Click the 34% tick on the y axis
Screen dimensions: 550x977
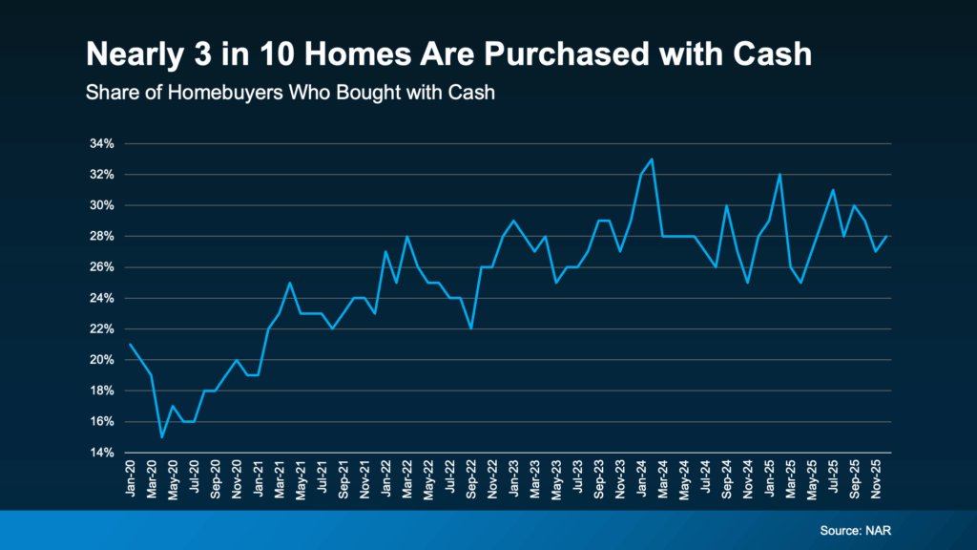pyautogui.click(x=102, y=144)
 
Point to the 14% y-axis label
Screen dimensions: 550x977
pyautogui.click(x=102, y=453)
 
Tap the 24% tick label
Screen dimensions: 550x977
pyautogui.click(x=102, y=298)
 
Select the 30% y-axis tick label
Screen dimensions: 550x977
pyautogui.click(x=102, y=205)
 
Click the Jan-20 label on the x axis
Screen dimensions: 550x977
pyautogui.click(x=131, y=475)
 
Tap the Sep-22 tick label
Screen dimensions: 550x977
pyautogui.click(x=471, y=476)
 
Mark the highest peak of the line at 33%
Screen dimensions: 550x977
pyautogui.click(x=652, y=159)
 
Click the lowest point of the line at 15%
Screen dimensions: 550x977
pyautogui.click(x=162, y=436)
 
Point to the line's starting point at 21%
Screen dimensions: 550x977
pyautogui.click(x=130, y=344)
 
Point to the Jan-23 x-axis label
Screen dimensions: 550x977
pyautogui.click(x=514, y=476)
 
